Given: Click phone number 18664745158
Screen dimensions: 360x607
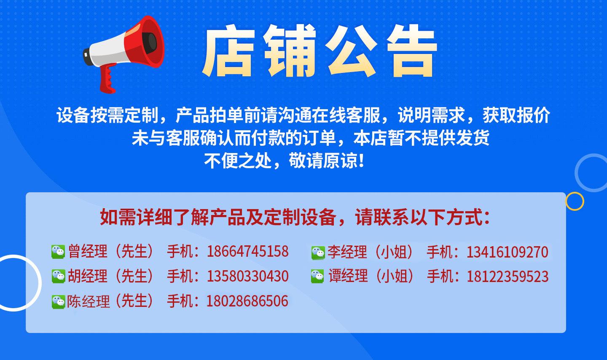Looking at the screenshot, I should tap(247, 252).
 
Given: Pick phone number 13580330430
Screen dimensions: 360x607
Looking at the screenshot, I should tap(247, 277).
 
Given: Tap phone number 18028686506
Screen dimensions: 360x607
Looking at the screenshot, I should tap(247, 301).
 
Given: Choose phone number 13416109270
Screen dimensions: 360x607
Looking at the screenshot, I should tap(507, 252).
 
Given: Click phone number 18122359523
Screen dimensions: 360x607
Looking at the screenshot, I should tap(507, 277).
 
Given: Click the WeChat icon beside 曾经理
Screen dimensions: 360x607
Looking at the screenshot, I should tap(58, 252).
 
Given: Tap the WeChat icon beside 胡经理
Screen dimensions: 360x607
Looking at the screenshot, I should tap(58, 276).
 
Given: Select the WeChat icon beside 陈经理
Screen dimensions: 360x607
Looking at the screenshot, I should tap(58, 301).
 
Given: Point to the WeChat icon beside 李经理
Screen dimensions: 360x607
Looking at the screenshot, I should tap(318, 253).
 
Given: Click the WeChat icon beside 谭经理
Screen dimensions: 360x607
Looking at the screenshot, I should tap(317, 277).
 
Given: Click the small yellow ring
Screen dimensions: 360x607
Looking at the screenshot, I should tap(574, 201).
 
